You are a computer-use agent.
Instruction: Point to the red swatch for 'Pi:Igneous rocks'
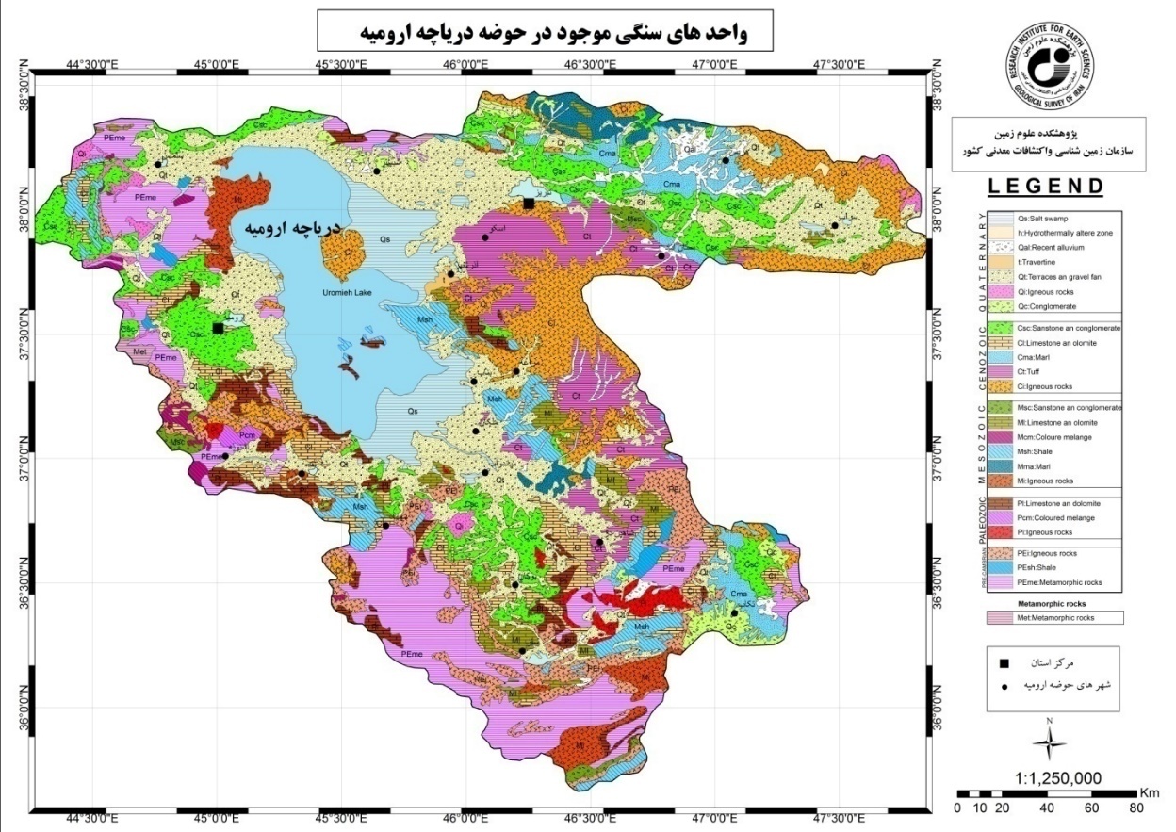(x=1001, y=532)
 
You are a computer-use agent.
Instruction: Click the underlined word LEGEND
(x=1045, y=187)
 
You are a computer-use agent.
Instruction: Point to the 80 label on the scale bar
(x=1135, y=808)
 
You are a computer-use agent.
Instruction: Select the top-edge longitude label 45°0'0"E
(x=217, y=64)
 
